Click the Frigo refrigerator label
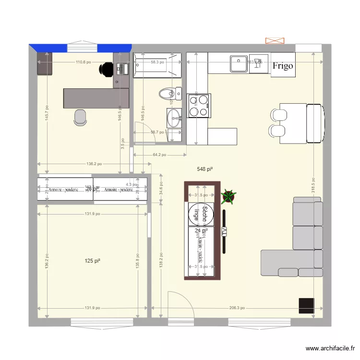283,66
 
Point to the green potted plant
229,196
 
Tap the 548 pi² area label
205,169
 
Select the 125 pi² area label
92,261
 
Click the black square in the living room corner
306,306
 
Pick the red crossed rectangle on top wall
275,41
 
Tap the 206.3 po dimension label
236,308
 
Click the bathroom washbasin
174,117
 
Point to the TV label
224,231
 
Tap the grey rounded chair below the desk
80,117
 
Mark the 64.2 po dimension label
159,155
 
